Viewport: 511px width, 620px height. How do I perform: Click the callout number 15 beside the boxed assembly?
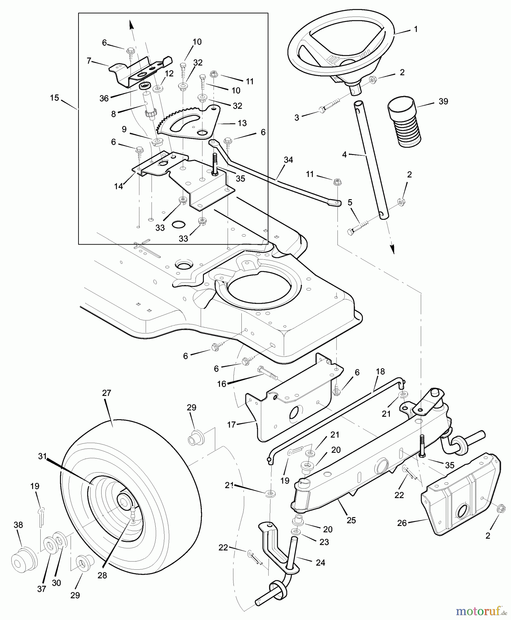click(54, 97)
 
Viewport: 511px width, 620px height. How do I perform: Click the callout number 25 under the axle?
click(351, 520)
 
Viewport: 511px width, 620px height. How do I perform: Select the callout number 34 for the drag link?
click(288, 160)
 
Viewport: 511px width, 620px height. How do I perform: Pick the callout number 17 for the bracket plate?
click(231, 425)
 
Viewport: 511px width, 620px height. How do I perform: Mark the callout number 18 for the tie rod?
click(380, 372)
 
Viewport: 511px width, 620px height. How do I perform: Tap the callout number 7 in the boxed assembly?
click(89, 61)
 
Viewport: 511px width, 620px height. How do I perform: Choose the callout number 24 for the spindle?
click(320, 562)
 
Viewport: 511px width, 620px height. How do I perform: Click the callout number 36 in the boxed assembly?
click(104, 98)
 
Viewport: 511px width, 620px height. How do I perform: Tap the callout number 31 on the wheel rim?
click(42, 456)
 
